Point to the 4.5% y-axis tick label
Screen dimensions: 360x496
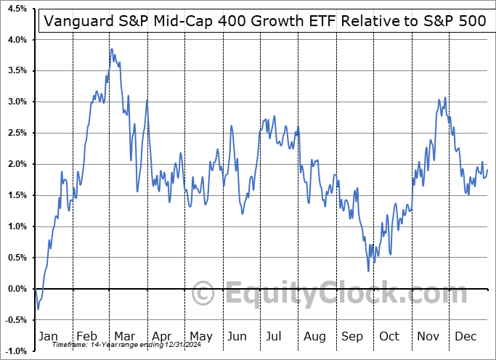17,9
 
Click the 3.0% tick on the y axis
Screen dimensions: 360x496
17,102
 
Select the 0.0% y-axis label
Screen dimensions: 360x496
17,289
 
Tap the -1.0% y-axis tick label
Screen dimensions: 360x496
16,351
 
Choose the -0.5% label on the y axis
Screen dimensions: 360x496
16,320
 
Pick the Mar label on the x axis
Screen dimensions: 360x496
124,336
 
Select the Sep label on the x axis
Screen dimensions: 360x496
353,336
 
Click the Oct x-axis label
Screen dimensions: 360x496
390,336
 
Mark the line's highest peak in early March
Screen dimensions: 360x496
111,49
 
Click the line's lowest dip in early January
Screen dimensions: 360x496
38,309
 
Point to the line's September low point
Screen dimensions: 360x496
368,271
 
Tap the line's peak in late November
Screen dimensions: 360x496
444,98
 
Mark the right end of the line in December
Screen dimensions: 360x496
487,170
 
